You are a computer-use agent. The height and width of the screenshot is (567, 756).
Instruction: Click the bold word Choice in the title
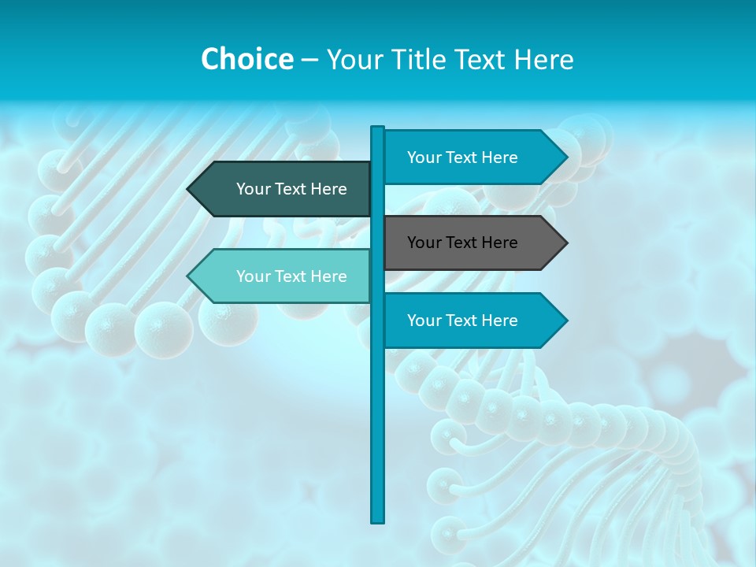[246, 59]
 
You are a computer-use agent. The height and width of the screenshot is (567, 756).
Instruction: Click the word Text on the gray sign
[461, 243]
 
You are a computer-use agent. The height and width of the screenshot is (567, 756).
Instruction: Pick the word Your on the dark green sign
[254, 189]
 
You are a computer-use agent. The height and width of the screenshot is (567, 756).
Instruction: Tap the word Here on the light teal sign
[328, 276]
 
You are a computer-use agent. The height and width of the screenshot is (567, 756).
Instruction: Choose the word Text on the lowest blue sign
[461, 321]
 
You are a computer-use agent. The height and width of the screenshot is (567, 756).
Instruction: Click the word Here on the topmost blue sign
[499, 157]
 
